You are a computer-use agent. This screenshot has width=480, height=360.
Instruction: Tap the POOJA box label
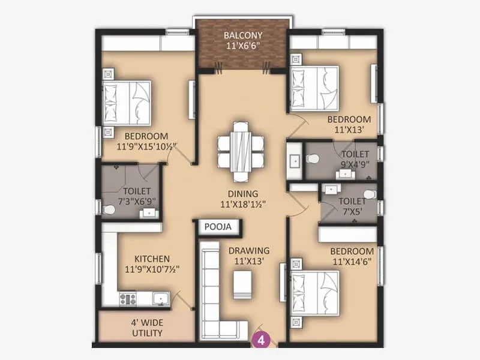pyautogui.click(x=219, y=227)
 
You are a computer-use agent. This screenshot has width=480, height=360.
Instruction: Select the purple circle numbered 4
pyautogui.click(x=262, y=340)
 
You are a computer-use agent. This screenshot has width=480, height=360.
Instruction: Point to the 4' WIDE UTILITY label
pyautogui.click(x=146, y=327)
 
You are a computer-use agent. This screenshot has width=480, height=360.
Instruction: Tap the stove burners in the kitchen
pyautogui.click(x=128, y=298)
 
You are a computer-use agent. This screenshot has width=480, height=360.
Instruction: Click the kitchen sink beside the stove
pyautogui.click(x=160, y=298)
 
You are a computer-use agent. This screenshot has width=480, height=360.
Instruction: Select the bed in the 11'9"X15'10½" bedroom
pyautogui.click(x=127, y=103)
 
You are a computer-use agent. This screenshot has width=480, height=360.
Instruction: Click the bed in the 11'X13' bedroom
pyautogui.click(x=314, y=89)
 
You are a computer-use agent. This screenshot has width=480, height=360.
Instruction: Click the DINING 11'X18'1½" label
pyautogui.click(x=242, y=199)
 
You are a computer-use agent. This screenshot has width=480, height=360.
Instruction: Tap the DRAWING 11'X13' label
pyautogui.click(x=248, y=254)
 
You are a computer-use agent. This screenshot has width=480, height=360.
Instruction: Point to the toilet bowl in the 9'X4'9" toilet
pyautogui.click(x=313, y=159)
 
